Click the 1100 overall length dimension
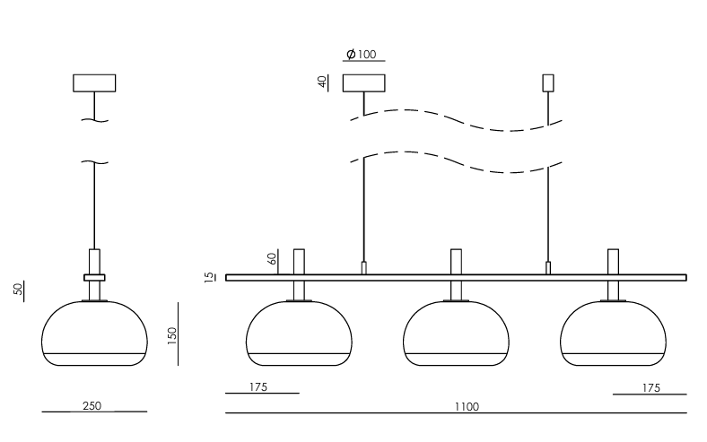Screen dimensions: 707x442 pyautogui.click(x=467, y=407)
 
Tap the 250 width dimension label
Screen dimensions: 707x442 pyautogui.click(x=92, y=406)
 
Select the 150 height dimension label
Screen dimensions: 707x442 pyautogui.click(x=172, y=336)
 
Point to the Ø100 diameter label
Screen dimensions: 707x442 pyautogui.click(x=362, y=55)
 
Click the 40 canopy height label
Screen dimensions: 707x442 pyautogui.click(x=322, y=82)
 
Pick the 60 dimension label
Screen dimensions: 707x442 pyautogui.click(x=272, y=258)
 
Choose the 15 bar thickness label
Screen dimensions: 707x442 pyautogui.click(x=209, y=277)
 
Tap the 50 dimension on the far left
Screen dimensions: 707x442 pyautogui.click(x=18, y=289)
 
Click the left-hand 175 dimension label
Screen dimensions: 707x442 pyautogui.click(x=258, y=387)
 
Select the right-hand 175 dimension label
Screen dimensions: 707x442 pyautogui.click(x=651, y=388)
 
